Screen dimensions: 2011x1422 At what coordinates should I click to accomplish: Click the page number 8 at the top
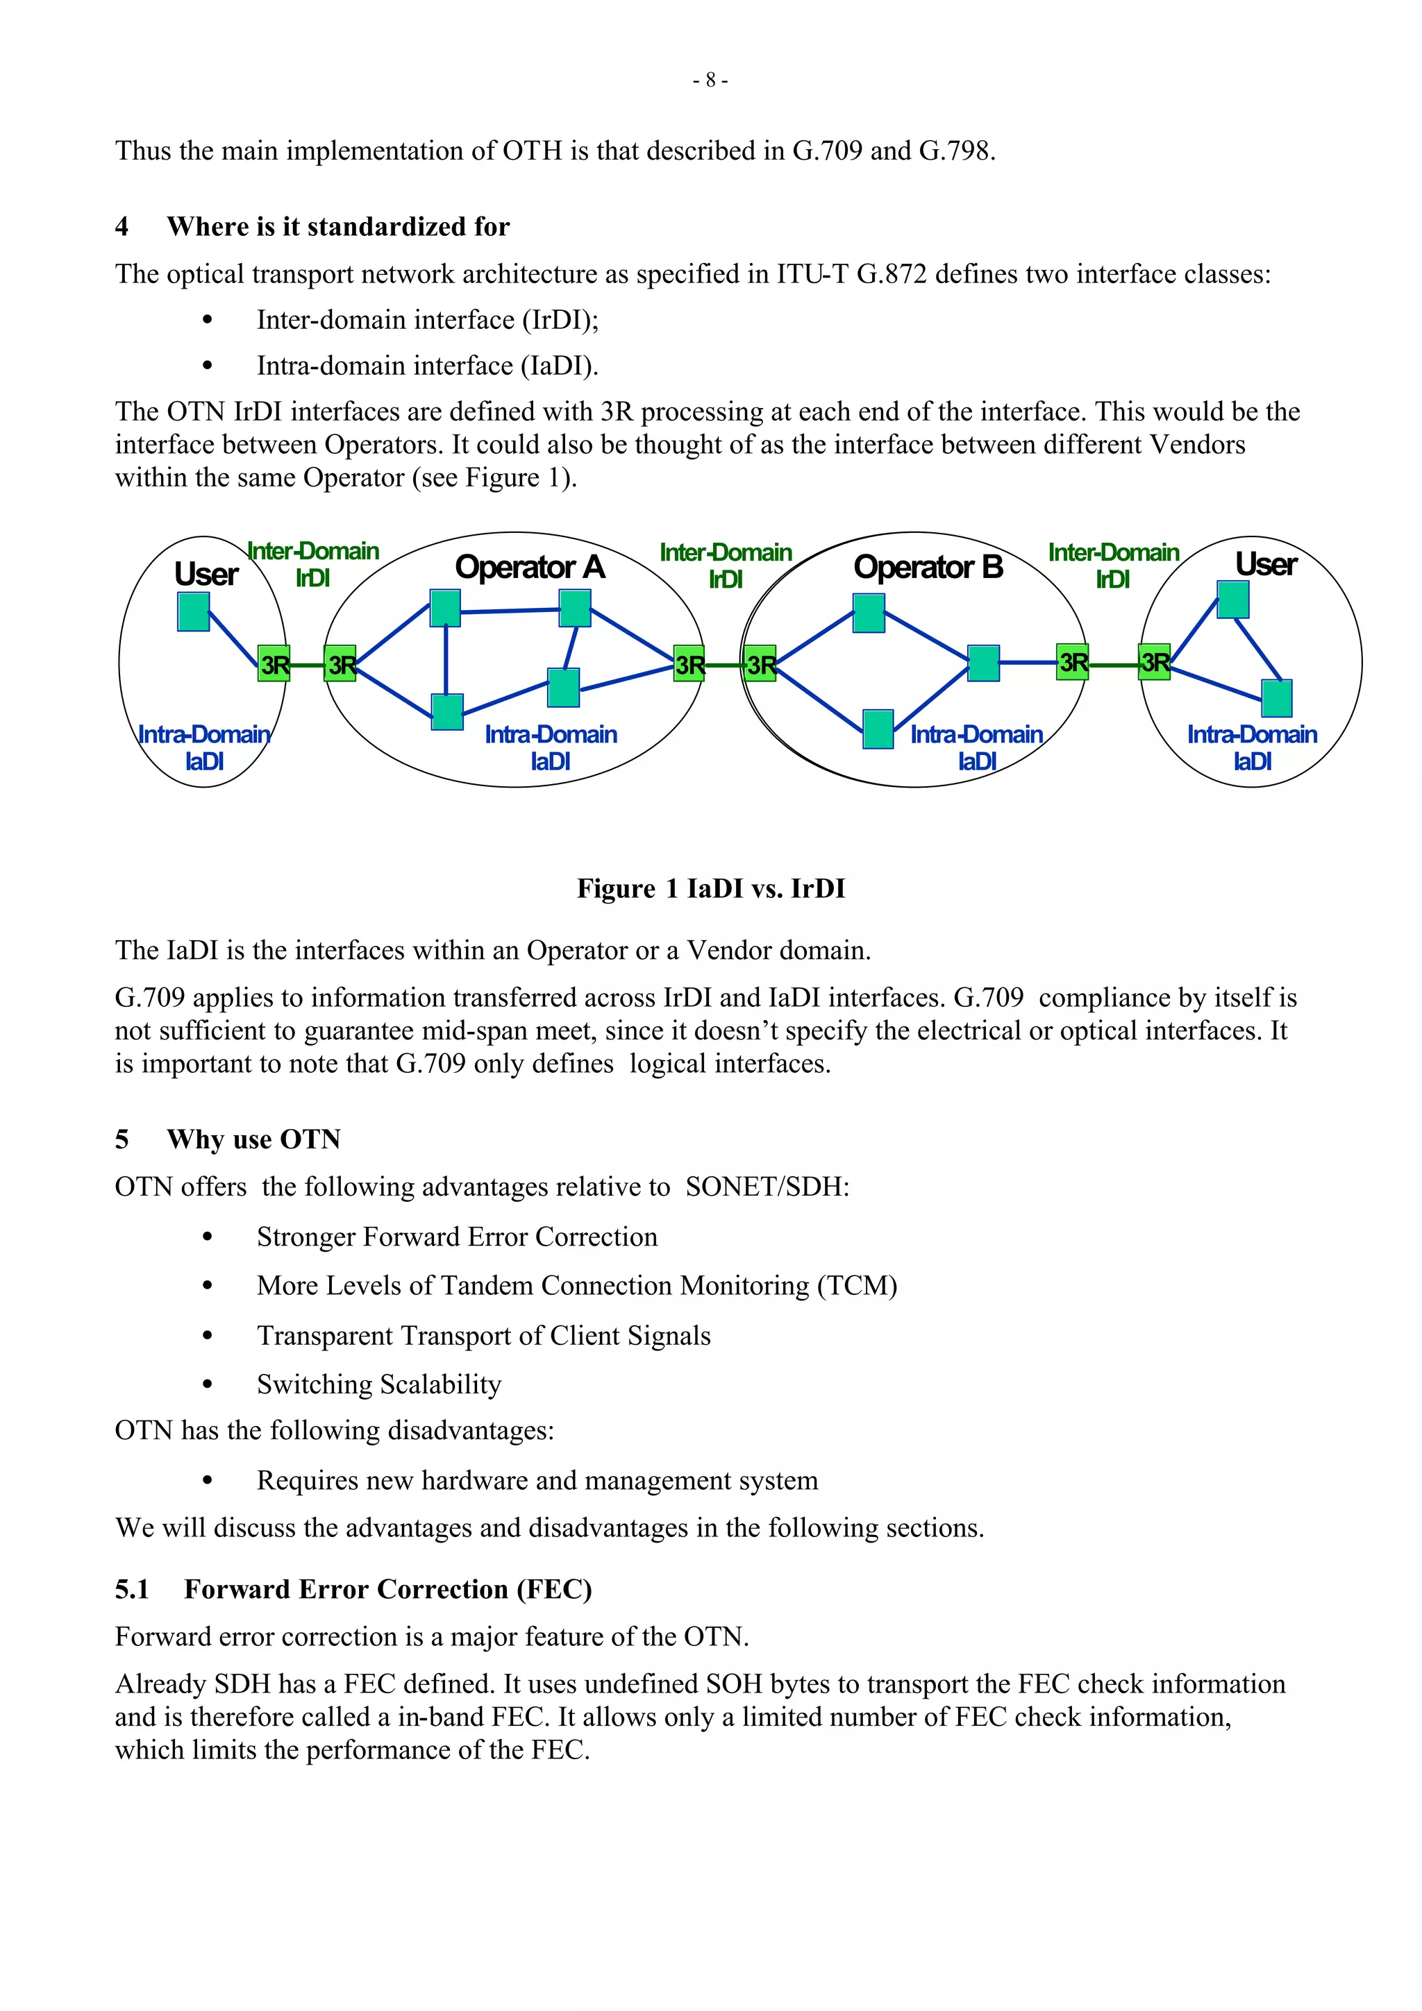tap(710, 80)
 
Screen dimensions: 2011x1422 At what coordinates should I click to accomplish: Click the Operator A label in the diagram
tap(530, 568)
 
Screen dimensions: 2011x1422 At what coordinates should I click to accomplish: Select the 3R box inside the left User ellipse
tap(274, 665)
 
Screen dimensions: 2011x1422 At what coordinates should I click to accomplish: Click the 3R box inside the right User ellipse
tap(1155, 661)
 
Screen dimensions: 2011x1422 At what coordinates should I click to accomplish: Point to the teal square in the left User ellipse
tap(194, 612)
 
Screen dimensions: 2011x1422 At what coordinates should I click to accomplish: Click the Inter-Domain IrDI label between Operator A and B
tap(726, 566)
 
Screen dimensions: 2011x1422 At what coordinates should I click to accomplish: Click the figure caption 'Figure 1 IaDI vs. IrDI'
tap(710, 889)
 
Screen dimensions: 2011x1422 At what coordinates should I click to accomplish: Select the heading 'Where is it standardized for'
tap(338, 227)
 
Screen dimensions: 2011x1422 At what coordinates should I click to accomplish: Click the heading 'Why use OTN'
tap(253, 1139)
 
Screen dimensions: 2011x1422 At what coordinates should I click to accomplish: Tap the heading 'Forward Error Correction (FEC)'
tap(387, 1590)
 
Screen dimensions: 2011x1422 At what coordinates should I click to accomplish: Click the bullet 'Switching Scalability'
tap(378, 1385)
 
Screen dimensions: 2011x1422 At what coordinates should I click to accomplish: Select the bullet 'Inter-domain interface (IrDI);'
tap(428, 321)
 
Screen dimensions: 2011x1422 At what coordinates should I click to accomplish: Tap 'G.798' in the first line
tap(956, 151)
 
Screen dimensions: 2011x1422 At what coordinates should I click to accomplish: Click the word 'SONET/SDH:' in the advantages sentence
tap(767, 1187)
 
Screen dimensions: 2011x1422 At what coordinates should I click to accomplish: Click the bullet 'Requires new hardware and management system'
tap(537, 1480)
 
